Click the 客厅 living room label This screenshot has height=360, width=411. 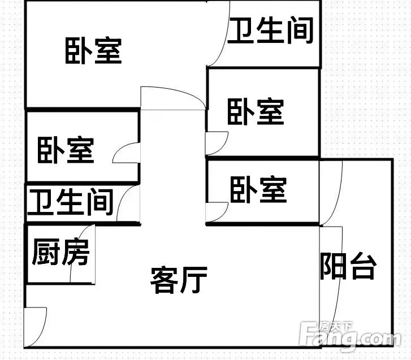tap(179, 280)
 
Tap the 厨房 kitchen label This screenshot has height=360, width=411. tap(61, 251)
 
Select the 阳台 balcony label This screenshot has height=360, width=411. tap(348, 266)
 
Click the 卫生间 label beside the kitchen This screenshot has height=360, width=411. tap(70, 202)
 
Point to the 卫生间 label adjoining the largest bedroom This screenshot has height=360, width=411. tap(270, 30)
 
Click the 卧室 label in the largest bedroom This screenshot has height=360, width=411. tap(93, 51)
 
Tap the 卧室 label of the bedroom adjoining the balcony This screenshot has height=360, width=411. tap(258, 190)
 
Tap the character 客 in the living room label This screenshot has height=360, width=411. tap(164, 280)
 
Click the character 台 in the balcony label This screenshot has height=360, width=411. tap(364, 266)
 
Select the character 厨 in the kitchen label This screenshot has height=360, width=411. tap(46, 251)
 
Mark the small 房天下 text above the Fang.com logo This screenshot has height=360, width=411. tap(335, 327)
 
